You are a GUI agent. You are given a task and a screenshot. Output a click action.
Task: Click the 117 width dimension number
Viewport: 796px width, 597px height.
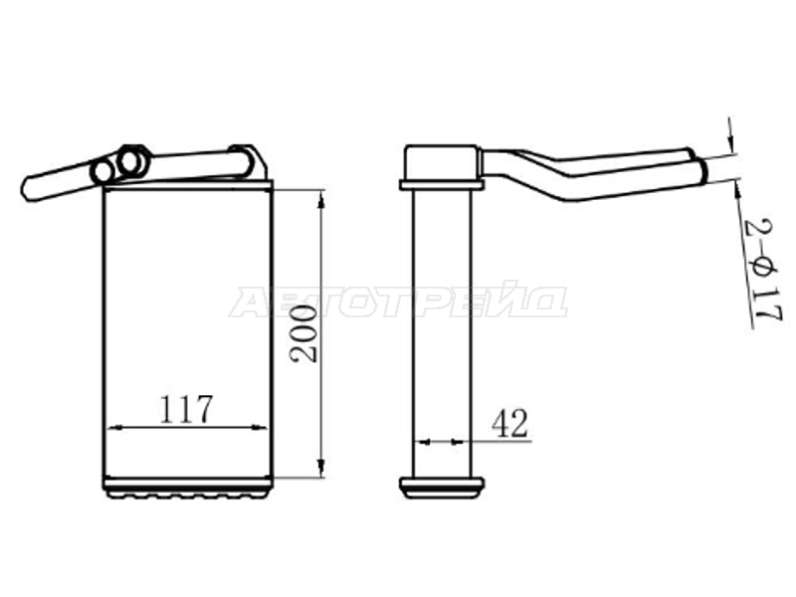tap(186, 409)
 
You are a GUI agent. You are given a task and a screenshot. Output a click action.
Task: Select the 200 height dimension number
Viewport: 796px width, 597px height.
tap(303, 333)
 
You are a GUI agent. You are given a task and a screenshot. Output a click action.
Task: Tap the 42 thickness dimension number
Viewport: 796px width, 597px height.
tap(509, 423)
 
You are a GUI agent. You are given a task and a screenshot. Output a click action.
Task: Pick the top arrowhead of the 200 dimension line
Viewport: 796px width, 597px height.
tap(320, 200)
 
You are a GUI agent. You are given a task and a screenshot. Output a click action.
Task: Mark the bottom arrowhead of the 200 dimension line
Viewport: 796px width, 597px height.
tap(320, 468)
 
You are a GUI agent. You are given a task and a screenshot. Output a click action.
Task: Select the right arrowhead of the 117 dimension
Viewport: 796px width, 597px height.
tap(259, 428)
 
